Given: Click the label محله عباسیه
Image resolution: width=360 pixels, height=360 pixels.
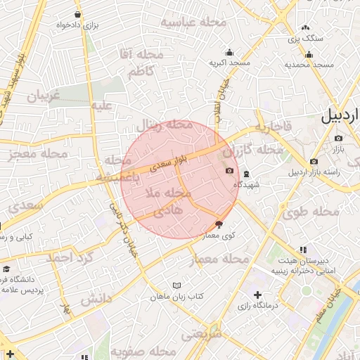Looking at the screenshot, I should point(194,22).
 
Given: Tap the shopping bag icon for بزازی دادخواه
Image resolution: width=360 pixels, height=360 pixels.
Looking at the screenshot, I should point(77,15).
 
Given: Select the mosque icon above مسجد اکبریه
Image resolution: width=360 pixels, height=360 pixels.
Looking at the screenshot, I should point(229,52).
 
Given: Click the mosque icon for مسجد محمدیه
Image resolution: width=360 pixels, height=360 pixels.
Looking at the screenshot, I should point(309,55).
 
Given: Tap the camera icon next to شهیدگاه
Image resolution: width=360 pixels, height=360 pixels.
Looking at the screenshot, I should point(229,172).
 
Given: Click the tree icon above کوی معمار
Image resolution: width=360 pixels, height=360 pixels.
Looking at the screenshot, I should point(219,225).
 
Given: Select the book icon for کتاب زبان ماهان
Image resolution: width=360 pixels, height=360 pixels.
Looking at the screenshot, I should point(176,285).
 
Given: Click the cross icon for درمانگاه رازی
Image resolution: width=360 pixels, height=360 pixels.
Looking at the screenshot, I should point(257,295).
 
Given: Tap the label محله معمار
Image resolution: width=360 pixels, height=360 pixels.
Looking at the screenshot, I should point(221,260).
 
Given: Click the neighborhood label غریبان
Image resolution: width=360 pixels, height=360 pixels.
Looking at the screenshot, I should point(44,96).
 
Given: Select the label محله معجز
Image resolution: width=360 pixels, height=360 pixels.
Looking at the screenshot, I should point(38,154).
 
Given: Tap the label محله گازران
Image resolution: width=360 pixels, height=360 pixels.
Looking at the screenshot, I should point(253,150).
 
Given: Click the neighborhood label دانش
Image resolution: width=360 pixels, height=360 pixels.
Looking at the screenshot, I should point(96,299).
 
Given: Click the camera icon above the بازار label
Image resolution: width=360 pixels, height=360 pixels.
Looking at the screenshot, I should point(338,139).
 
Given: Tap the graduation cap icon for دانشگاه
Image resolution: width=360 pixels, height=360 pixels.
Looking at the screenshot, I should point(6,269).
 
